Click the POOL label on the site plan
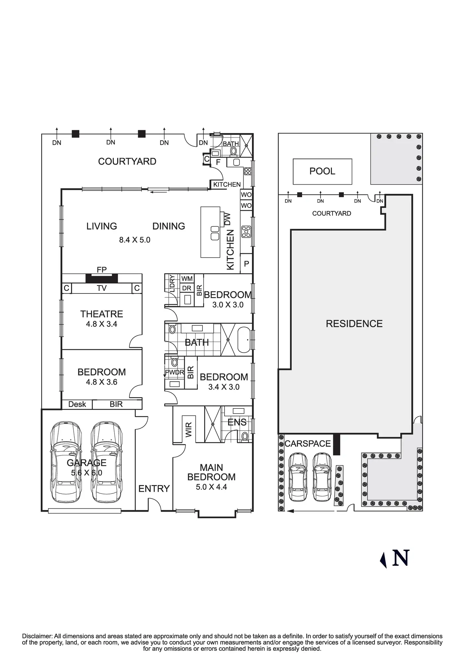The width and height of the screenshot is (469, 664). (x=322, y=171)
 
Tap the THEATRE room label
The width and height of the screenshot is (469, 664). (x=102, y=314)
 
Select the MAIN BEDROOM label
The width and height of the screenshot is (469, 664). (x=211, y=472)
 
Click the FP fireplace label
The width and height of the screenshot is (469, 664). (x=102, y=270)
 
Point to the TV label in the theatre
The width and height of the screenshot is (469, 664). (x=102, y=288)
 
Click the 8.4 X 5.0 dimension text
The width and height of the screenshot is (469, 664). (x=135, y=240)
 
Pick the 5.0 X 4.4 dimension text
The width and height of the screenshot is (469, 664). (x=211, y=487)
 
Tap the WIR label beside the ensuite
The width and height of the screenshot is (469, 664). (x=189, y=430)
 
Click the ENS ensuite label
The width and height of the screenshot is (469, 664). (x=237, y=422)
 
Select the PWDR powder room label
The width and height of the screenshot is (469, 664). (x=175, y=373)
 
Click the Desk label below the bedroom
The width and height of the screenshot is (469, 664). (x=77, y=404)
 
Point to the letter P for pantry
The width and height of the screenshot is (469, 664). (x=246, y=264)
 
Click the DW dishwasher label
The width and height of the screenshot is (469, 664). (x=227, y=219)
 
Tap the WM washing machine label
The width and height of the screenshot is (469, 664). (x=187, y=279)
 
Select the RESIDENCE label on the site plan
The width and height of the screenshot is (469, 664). (x=354, y=324)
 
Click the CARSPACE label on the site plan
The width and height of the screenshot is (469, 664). (x=308, y=444)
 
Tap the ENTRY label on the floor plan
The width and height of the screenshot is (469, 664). (x=154, y=489)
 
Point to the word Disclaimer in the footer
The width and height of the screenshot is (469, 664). (x=37, y=636)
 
